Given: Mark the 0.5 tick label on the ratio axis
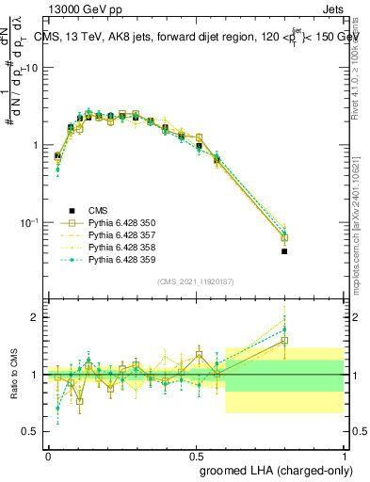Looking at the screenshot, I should tap(30, 431).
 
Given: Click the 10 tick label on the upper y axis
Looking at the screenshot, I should tap(31, 69).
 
